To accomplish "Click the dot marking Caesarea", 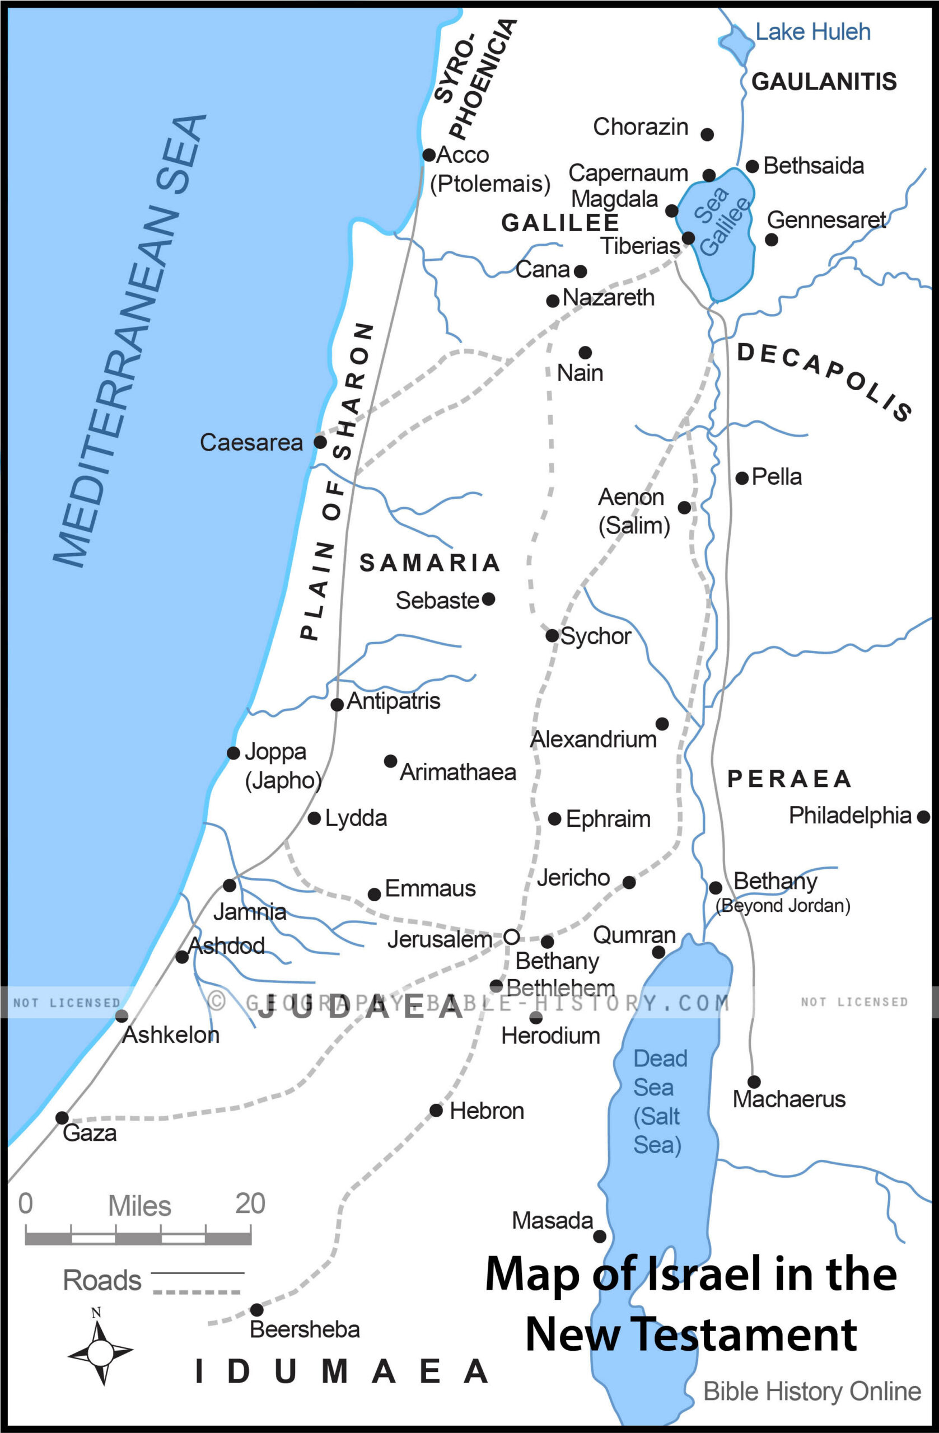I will pos(320,442).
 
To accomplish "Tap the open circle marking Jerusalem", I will pos(511,937).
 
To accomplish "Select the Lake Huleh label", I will pos(812,32).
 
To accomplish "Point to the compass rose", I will pos(100,1352).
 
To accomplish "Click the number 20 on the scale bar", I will pos(250,1203).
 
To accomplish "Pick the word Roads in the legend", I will pos(102,1280).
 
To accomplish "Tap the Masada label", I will pos(552,1220).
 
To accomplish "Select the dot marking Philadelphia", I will pos(923,817).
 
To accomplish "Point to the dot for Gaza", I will pos(62,1118).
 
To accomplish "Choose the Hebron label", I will pos(487,1111).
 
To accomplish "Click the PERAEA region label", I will pos(789,779).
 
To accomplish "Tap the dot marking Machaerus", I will pos(754,1082).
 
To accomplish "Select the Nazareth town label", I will pos(608,297).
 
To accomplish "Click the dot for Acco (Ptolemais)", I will pos(429,154).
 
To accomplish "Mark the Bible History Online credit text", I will pos(812,1392).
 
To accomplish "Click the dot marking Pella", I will pos(742,478).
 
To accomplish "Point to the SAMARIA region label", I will pos(429,563).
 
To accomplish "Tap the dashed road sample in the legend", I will pos(197,1292).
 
